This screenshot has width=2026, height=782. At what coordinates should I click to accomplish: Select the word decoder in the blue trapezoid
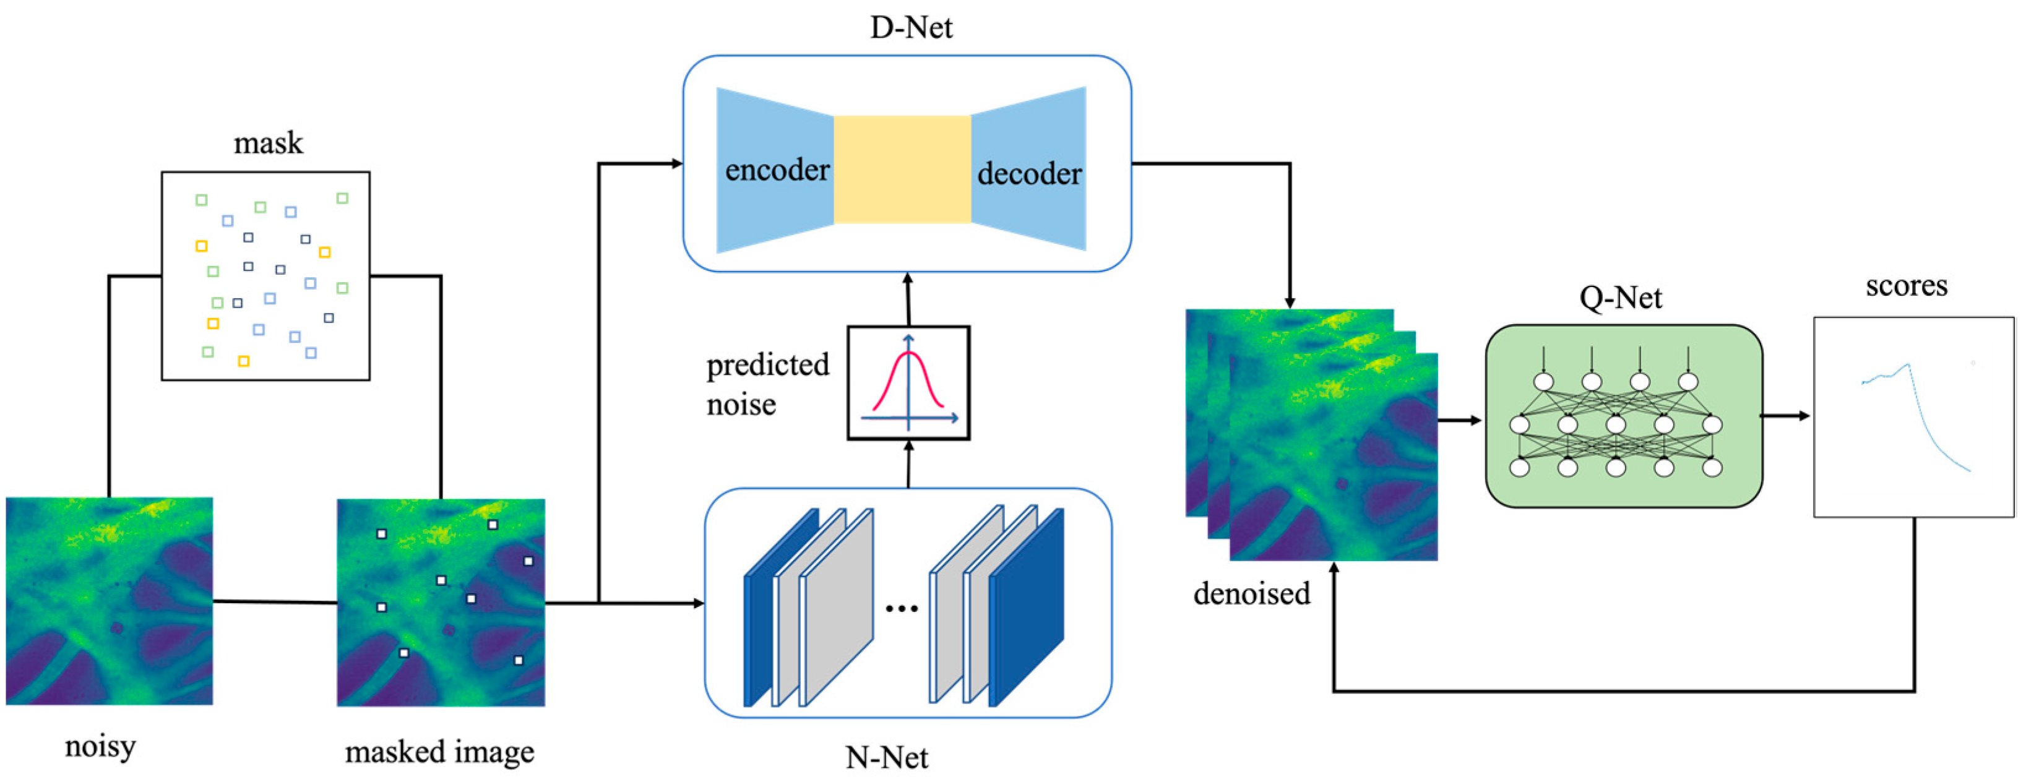tap(1028, 174)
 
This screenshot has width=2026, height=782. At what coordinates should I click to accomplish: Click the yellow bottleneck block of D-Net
tap(902, 169)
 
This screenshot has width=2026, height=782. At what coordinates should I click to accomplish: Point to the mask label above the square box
tap(267, 143)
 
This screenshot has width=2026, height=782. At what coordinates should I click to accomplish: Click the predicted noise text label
tap(767, 384)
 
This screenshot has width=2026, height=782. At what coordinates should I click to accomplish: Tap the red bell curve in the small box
tap(908, 377)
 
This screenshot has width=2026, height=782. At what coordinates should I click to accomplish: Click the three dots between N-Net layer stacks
tap(902, 608)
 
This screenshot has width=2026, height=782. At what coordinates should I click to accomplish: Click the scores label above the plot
tap(1906, 285)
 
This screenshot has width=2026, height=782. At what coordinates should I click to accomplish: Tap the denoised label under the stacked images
tap(1251, 593)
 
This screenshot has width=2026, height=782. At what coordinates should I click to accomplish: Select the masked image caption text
tap(439, 752)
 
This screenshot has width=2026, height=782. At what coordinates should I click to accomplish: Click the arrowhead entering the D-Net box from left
tap(676, 163)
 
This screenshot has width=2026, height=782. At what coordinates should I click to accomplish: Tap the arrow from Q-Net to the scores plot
tap(1785, 416)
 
